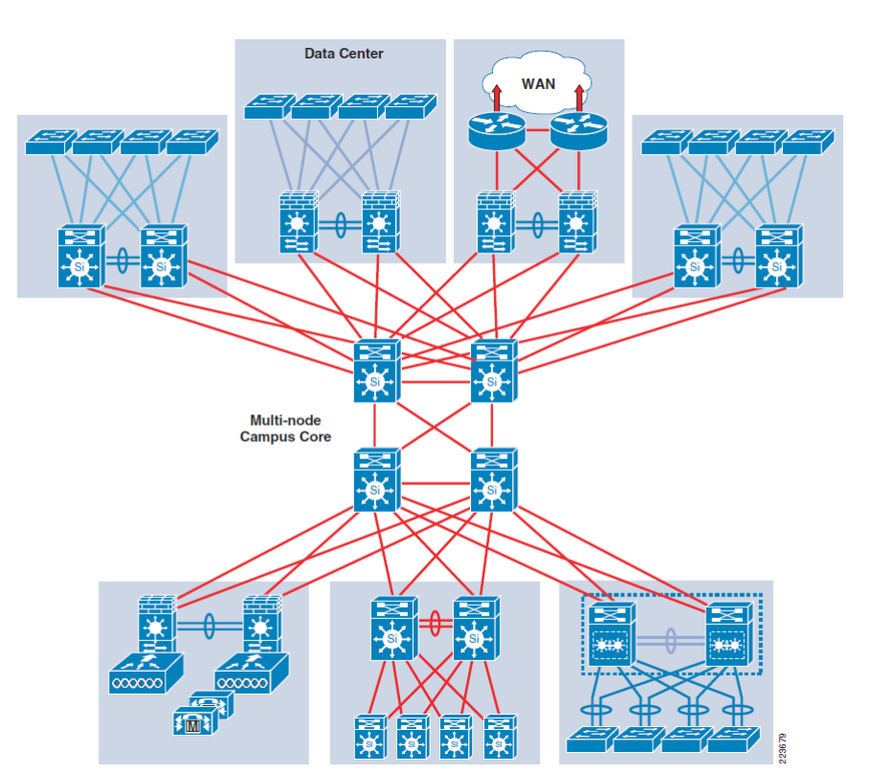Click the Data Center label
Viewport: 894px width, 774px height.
(x=344, y=54)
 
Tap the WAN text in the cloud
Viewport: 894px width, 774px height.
(x=538, y=83)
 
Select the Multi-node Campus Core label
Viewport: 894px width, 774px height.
(x=285, y=428)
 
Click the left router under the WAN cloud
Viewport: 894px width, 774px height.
(x=497, y=131)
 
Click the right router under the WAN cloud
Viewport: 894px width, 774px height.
(x=579, y=131)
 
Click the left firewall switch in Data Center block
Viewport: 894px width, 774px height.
(x=299, y=223)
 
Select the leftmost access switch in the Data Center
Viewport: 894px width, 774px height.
(x=269, y=106)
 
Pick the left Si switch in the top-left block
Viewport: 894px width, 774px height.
(x=79, y=256)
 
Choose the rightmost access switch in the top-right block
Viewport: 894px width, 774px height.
(x=808, y=142)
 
